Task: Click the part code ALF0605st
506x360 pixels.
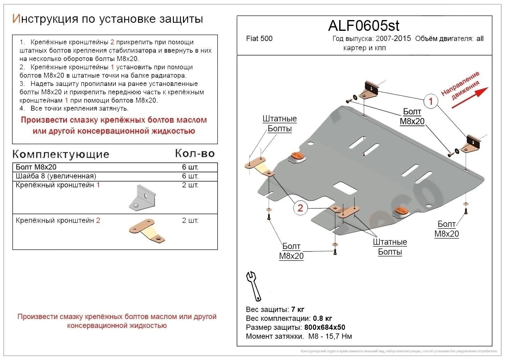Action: point(364,26)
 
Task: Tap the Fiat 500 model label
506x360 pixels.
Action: point(259,39)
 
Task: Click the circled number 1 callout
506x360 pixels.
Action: point(431,101)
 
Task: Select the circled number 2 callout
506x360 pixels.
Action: point(300,208)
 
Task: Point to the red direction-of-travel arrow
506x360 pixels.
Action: point(470,98)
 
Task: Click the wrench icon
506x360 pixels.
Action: point(253,286)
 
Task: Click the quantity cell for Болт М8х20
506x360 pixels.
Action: point(190,167)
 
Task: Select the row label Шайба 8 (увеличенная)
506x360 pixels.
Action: point(56,176)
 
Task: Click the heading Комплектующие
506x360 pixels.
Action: point(61,154)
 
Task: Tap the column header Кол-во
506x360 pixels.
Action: point(195,153)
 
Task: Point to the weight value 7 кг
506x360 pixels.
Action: point(298,309)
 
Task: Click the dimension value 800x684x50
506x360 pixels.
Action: point(324,327)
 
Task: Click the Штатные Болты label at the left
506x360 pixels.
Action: point(280,123)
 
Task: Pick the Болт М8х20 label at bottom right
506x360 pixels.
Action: point(447,229)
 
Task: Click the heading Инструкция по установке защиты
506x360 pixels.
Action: point(108,19)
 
